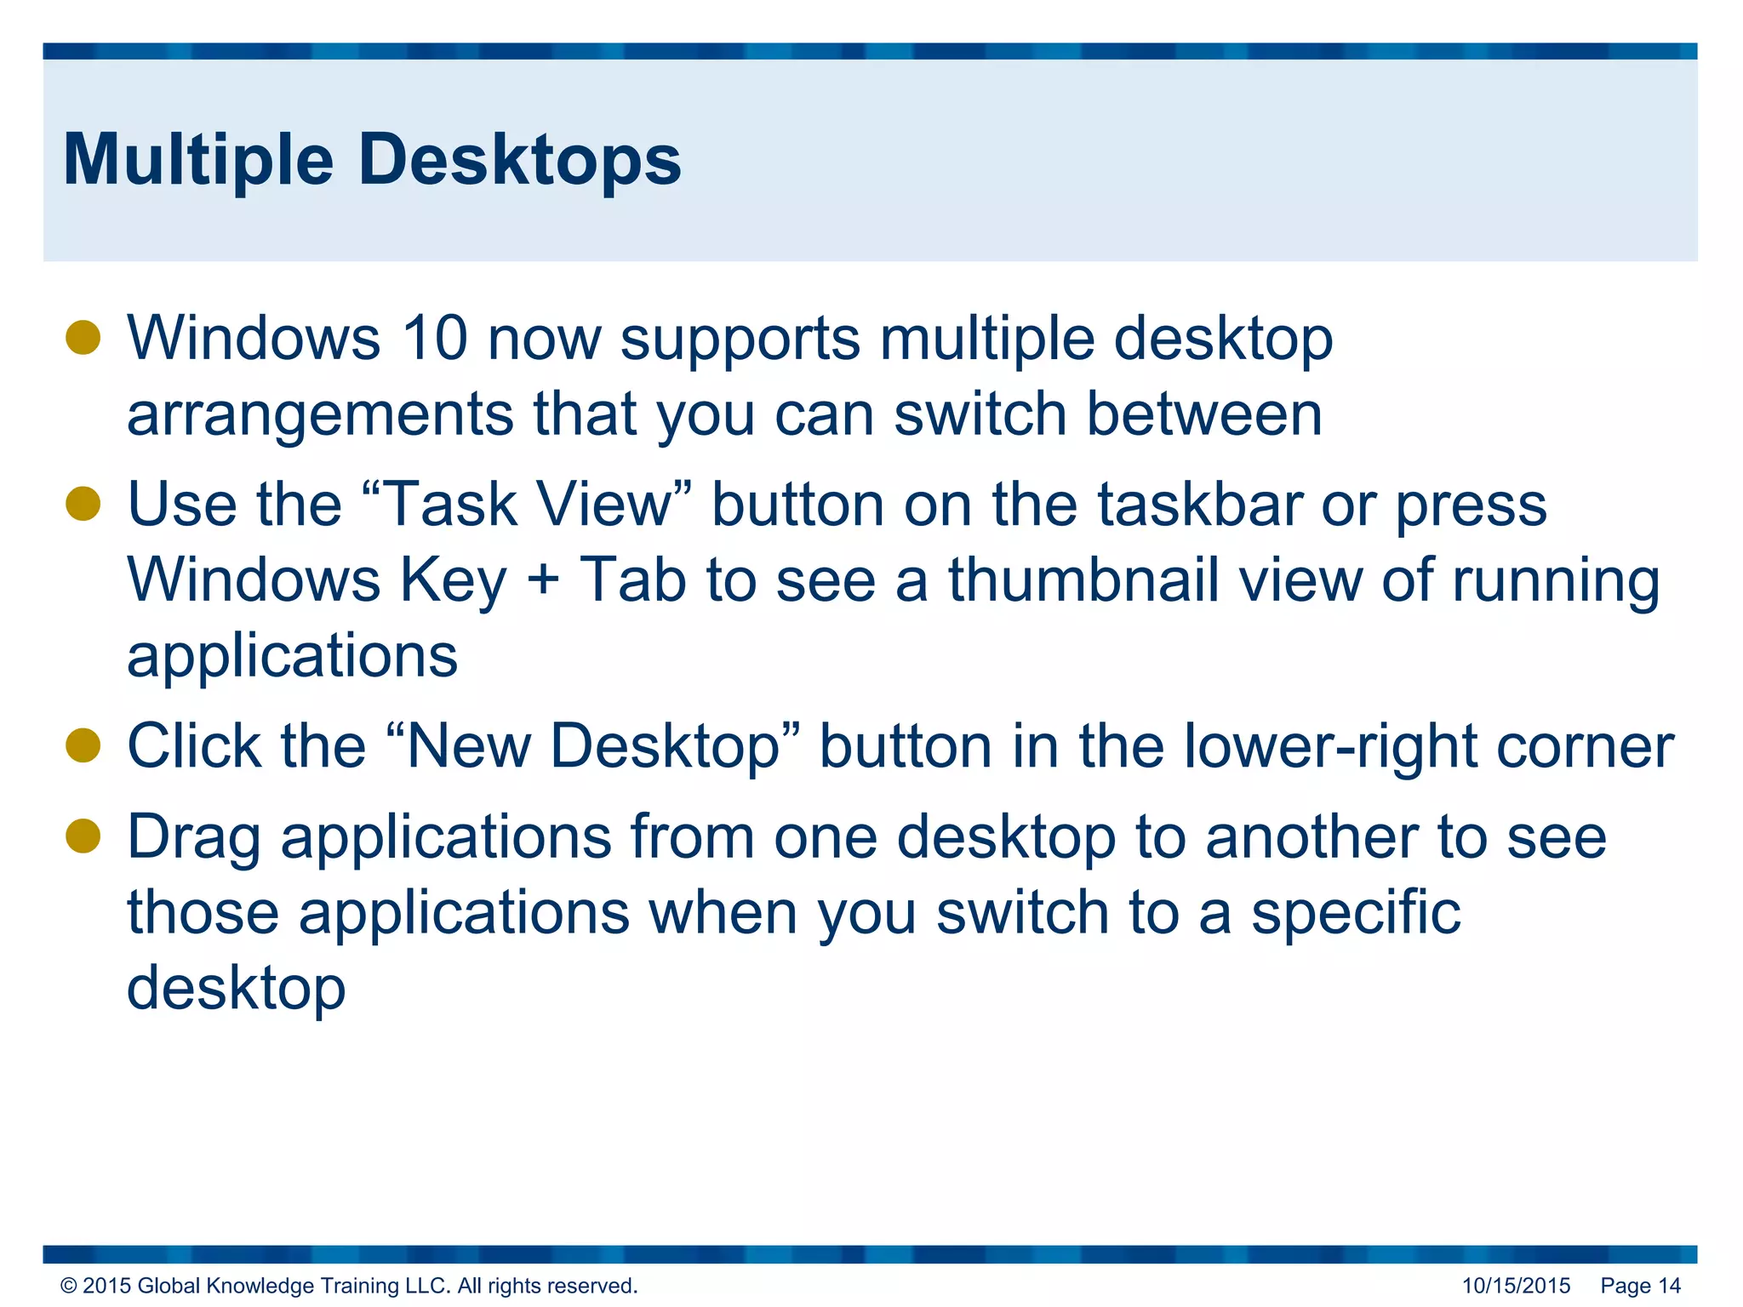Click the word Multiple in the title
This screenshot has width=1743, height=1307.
(x=198, y=162)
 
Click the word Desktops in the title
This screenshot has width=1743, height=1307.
(x=519, y=160)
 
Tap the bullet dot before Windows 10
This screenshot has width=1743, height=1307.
(x=83, y=338)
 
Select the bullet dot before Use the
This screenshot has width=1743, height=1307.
(x=83, y=504)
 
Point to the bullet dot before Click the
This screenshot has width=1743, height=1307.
(x=83, y=745)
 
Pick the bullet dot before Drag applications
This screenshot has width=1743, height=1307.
(x=83, y=836)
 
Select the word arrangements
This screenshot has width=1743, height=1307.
(x=320, y=415)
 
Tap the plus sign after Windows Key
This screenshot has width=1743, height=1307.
(x=543, y=581)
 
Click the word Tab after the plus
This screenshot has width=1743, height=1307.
(x=632, y=579)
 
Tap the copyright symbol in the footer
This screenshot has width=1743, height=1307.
(x=69, y=1286)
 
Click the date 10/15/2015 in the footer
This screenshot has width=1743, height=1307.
(x=1516, y=1286)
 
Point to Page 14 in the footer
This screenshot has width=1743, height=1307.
(x=1640, y=1286)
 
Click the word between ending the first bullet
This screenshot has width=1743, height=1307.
(x=1204, y=415)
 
